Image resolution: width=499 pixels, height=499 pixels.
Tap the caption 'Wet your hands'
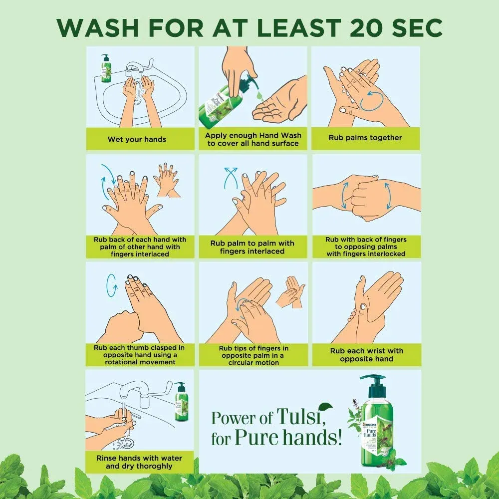pyautogui.click(x=137, y=139)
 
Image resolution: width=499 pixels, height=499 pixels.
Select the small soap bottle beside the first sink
pyautogui.click(x=106, y=68)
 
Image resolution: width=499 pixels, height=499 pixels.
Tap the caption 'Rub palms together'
pyautogui.click(x=365, y=138)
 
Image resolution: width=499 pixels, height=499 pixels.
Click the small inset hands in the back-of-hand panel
pyautogui.click(x=167, y=180)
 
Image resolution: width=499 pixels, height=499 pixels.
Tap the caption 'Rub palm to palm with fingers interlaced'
pyautogui.click(x=252, y=247)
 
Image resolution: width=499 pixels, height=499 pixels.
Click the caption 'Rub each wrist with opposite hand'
pyautogui.click(x=367, y=355)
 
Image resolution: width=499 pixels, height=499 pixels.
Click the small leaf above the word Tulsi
pyautogui.click(x=325, y=406)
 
